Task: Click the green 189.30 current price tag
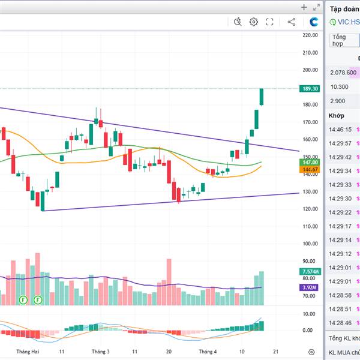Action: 311,89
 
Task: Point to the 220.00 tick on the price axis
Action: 310,35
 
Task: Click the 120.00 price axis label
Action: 310,209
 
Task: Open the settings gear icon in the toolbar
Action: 254,22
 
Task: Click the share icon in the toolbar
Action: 292,22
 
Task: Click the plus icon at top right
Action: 304,7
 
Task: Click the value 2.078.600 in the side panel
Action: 343,73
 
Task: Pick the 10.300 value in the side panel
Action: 340,87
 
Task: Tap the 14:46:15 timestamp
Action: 340,129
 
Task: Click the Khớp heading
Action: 337,115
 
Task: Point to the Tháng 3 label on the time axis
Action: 101,351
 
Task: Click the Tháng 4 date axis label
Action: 208,351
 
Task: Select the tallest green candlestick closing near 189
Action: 262,97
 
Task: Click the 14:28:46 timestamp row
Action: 340,323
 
